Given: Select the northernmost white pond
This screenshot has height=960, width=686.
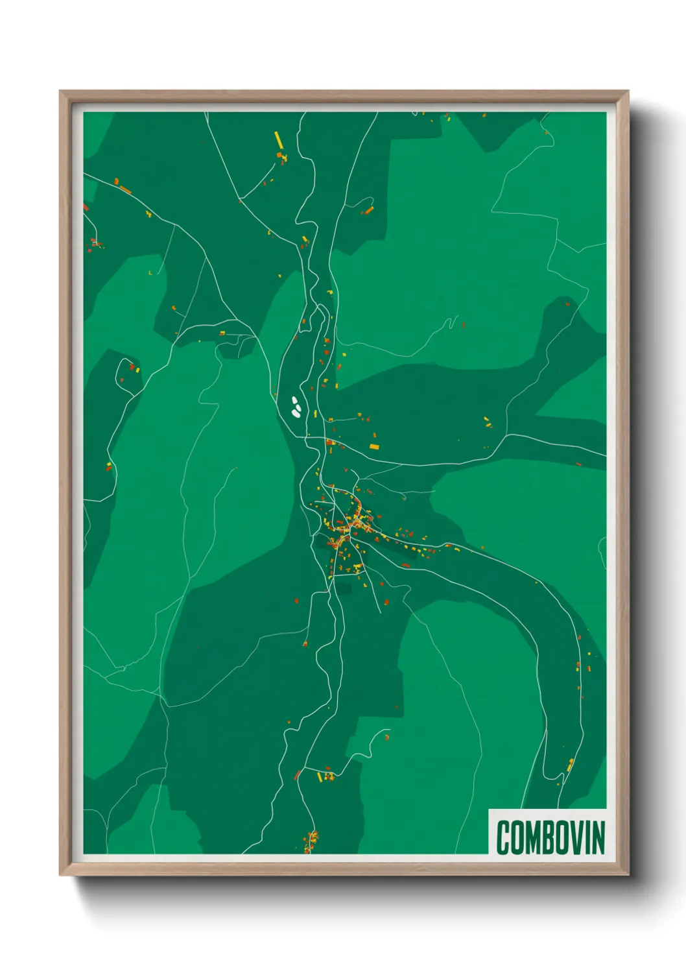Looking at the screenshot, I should coord(294,400).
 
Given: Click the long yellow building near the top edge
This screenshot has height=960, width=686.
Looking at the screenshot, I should coord(278,139).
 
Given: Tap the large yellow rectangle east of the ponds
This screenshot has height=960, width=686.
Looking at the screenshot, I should coord(373,446).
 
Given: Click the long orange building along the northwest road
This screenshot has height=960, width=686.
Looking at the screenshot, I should coord(125,190).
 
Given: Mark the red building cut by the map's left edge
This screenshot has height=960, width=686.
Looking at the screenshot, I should coord(86,208).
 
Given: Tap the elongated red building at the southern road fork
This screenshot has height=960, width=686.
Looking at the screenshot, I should coord(298,774).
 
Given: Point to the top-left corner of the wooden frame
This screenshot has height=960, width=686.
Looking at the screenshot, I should coord(61,92).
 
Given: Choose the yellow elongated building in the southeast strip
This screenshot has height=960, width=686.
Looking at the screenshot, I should coord(571,765).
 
